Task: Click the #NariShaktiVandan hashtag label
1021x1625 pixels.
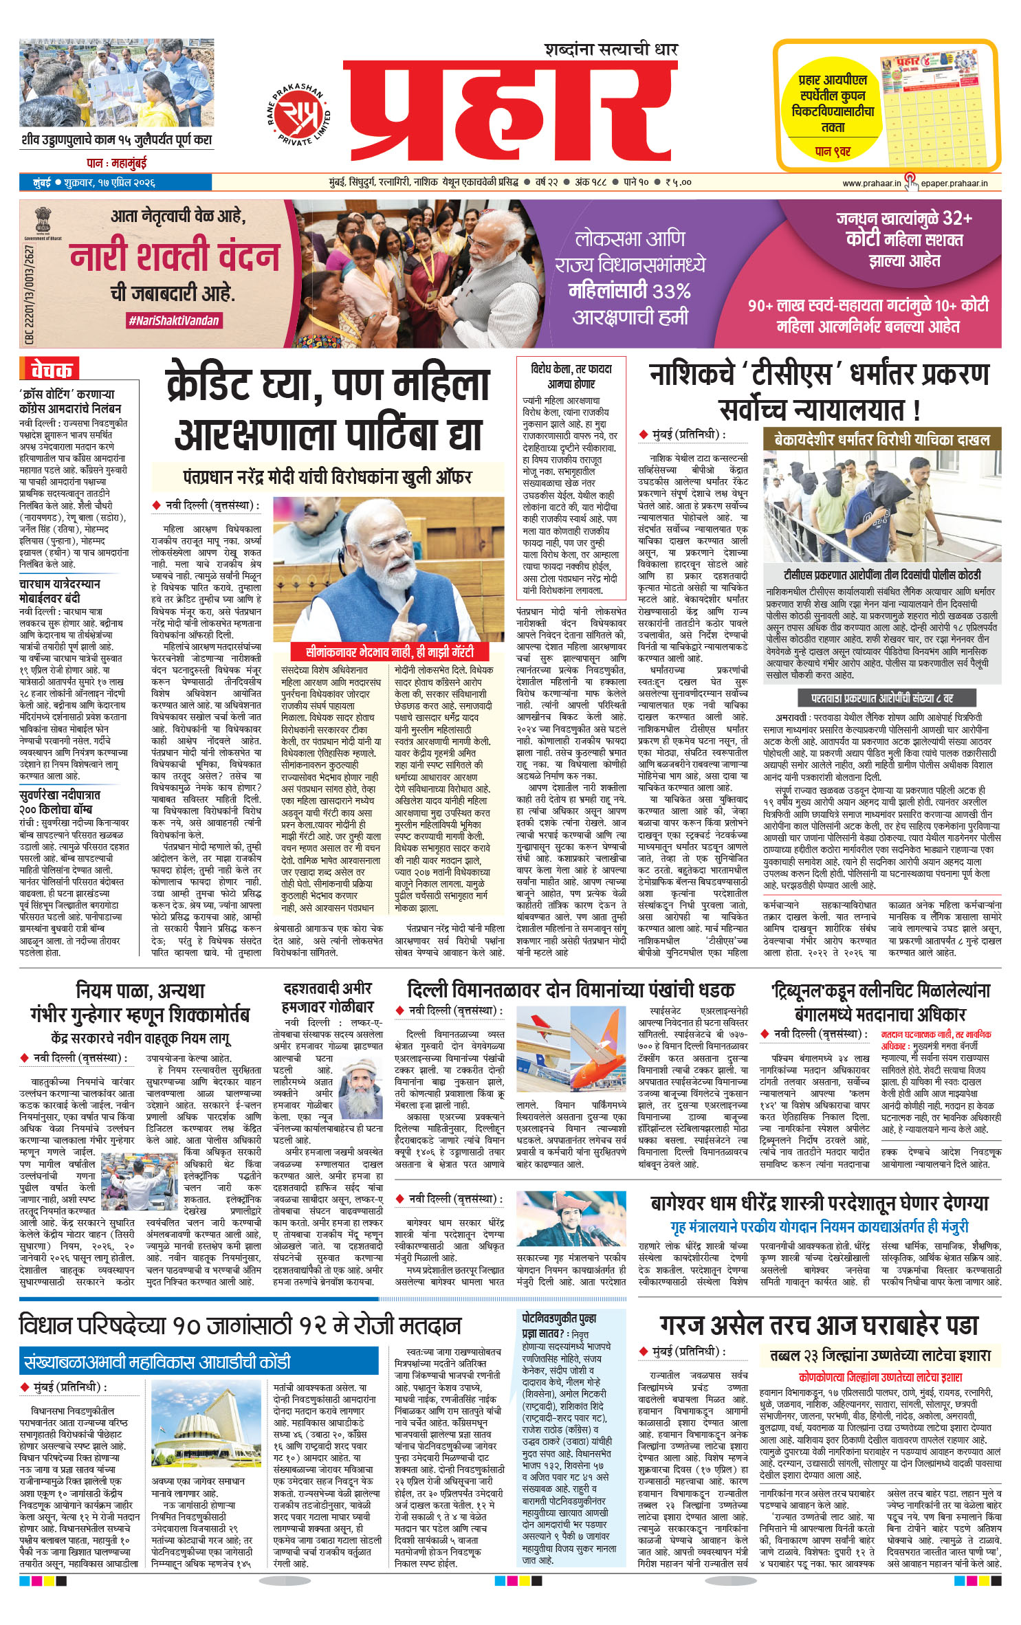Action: [x=173, y=320]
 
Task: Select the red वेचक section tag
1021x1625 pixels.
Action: [x=50, y=371]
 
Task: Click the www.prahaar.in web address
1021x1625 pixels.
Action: [x=871, y=183]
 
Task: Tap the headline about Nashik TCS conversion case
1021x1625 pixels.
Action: [x=819, y=393]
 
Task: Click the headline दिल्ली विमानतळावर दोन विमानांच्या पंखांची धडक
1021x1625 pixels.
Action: [x=571, y=990]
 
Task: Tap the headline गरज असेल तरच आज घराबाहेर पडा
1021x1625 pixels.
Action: [x=818, y=1325]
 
